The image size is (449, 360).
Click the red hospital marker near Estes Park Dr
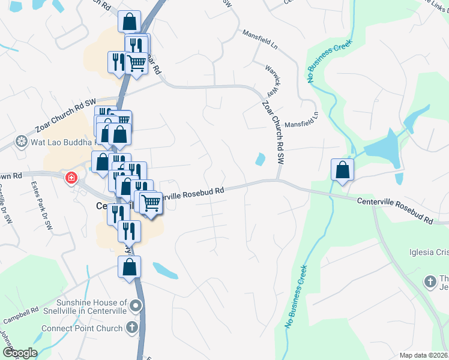pos(71,178)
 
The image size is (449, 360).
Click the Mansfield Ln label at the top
pos(260,40)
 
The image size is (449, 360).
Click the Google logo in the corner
pos(19,353)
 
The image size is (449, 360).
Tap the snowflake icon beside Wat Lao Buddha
pos(21,142)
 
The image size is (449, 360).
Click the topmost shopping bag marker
pos(129,22)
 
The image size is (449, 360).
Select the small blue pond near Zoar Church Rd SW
pos(260,160)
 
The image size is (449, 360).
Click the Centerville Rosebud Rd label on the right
pos(394,212)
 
